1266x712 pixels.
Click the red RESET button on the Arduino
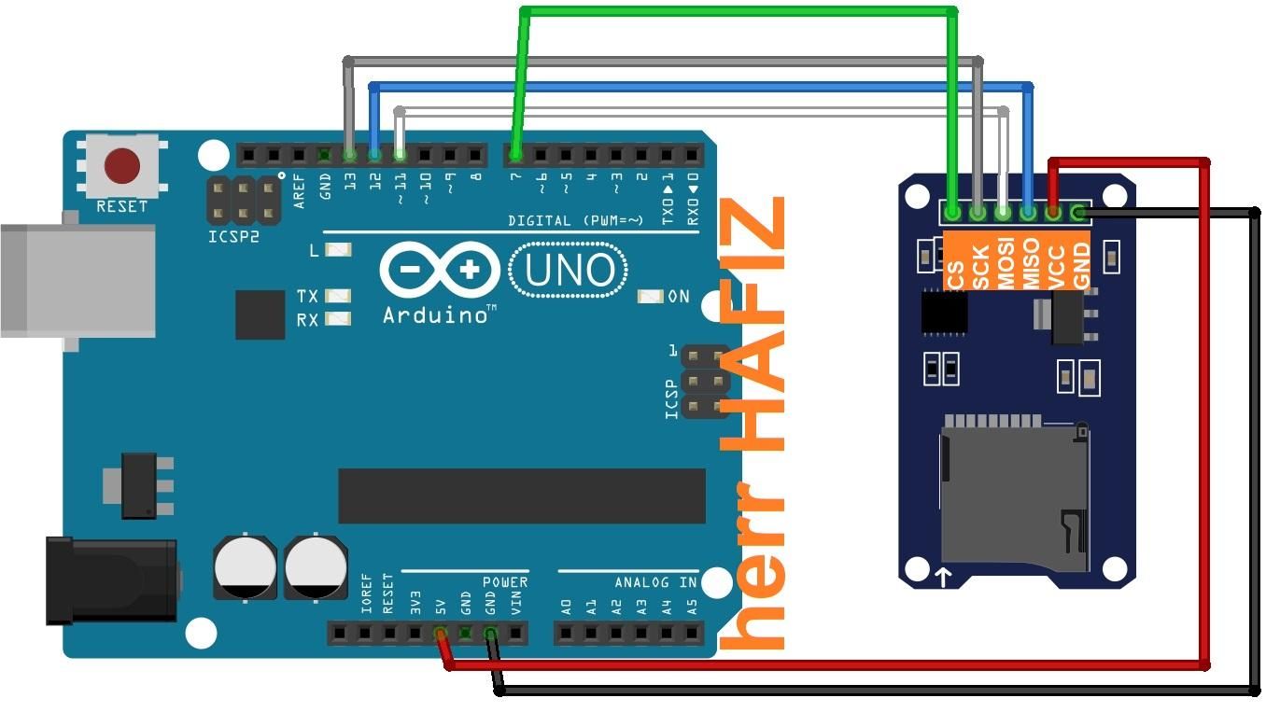click(122, 166)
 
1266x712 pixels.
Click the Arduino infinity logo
click(439, 272)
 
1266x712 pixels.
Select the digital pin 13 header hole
click(349, 154)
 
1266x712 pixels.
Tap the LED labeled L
click(340, 250)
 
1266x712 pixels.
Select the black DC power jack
click(112, 579)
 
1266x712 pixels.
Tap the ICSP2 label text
click(233, 237)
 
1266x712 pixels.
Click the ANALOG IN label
click(655, 582)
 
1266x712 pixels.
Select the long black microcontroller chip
click(522, 496)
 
